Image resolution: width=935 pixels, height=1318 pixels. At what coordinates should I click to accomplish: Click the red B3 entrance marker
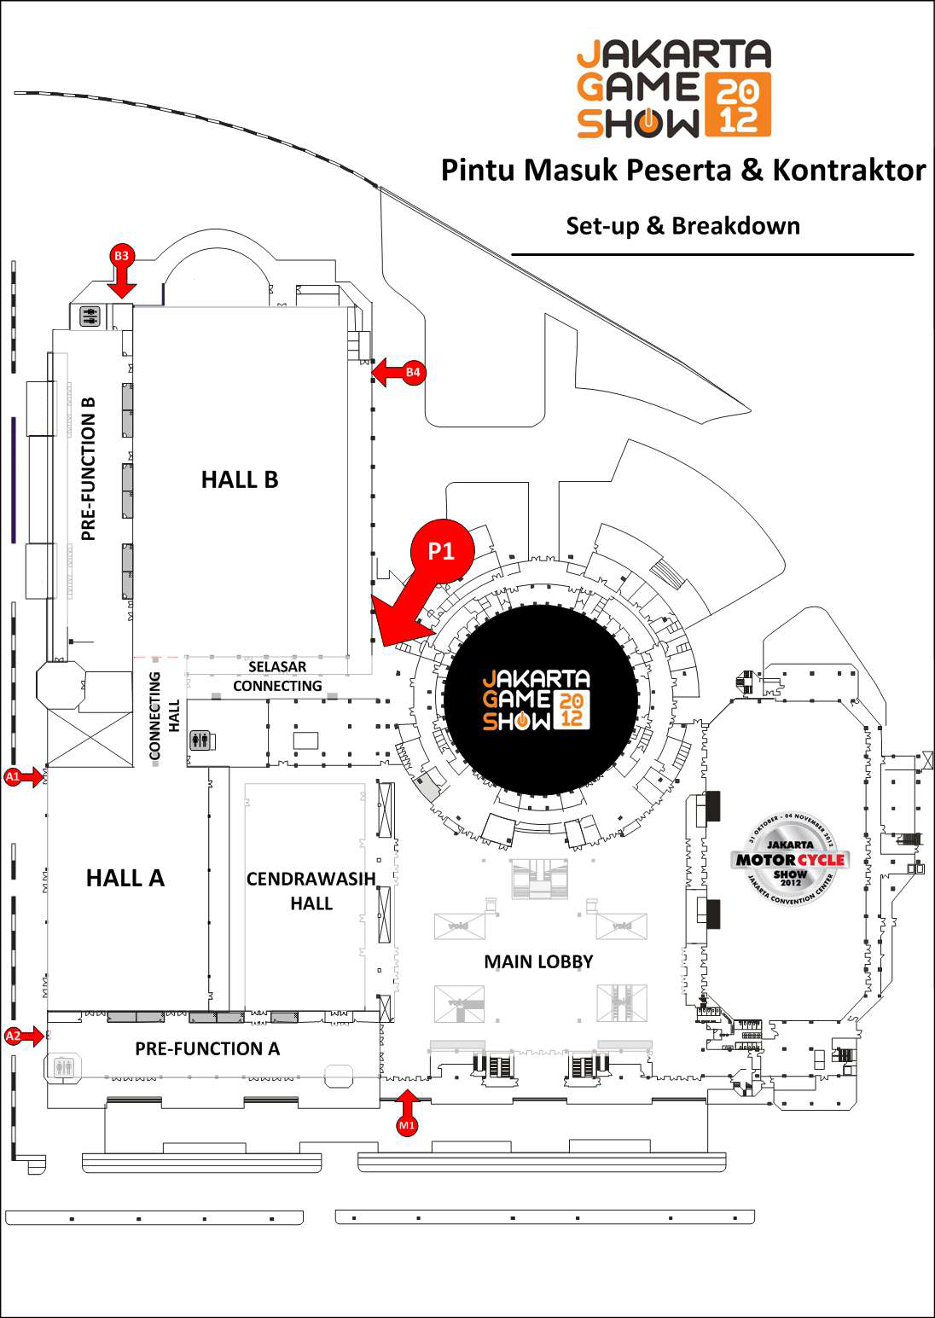tap(121, 256)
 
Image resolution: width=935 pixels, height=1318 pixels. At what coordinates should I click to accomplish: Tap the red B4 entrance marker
tap(413, 372)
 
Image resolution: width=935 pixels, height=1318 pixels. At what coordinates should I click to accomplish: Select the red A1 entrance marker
tap(13, 776)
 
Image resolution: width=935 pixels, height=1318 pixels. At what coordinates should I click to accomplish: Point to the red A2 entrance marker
tap(13, 1036)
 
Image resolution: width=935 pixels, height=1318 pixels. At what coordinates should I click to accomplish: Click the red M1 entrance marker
tap(407, 1125)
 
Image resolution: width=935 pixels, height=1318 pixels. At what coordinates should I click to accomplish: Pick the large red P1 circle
tap(441, 551)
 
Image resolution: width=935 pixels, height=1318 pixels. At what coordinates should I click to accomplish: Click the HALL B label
tap(240, 479)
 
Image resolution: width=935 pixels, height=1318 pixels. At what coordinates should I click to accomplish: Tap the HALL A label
tap(125, 878)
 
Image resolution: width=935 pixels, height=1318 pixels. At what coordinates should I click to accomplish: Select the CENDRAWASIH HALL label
tap(311, 891)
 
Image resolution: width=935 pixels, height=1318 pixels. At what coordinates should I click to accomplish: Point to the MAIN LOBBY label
tap(538, 961)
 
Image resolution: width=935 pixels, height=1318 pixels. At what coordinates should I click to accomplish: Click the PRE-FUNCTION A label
tap(207, 1048)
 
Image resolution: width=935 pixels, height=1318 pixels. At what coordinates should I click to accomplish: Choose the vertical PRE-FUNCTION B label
tap(88, 468)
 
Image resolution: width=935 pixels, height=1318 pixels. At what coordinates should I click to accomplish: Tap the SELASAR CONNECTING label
tap(277, 676)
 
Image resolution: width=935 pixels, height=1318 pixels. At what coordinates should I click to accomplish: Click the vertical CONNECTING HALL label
tap(164, 715)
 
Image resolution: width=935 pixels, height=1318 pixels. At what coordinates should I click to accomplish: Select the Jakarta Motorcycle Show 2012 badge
tap(790, 859)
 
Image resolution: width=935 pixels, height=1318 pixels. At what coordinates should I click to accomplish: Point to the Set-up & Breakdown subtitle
tap(682, 226)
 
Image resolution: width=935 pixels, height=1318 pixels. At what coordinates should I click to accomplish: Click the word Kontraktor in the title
tap(849, 170)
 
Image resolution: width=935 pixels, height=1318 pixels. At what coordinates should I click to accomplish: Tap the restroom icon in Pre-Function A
tap(63, 1067)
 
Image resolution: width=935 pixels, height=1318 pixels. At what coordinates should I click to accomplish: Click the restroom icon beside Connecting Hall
tap(200, 740)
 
